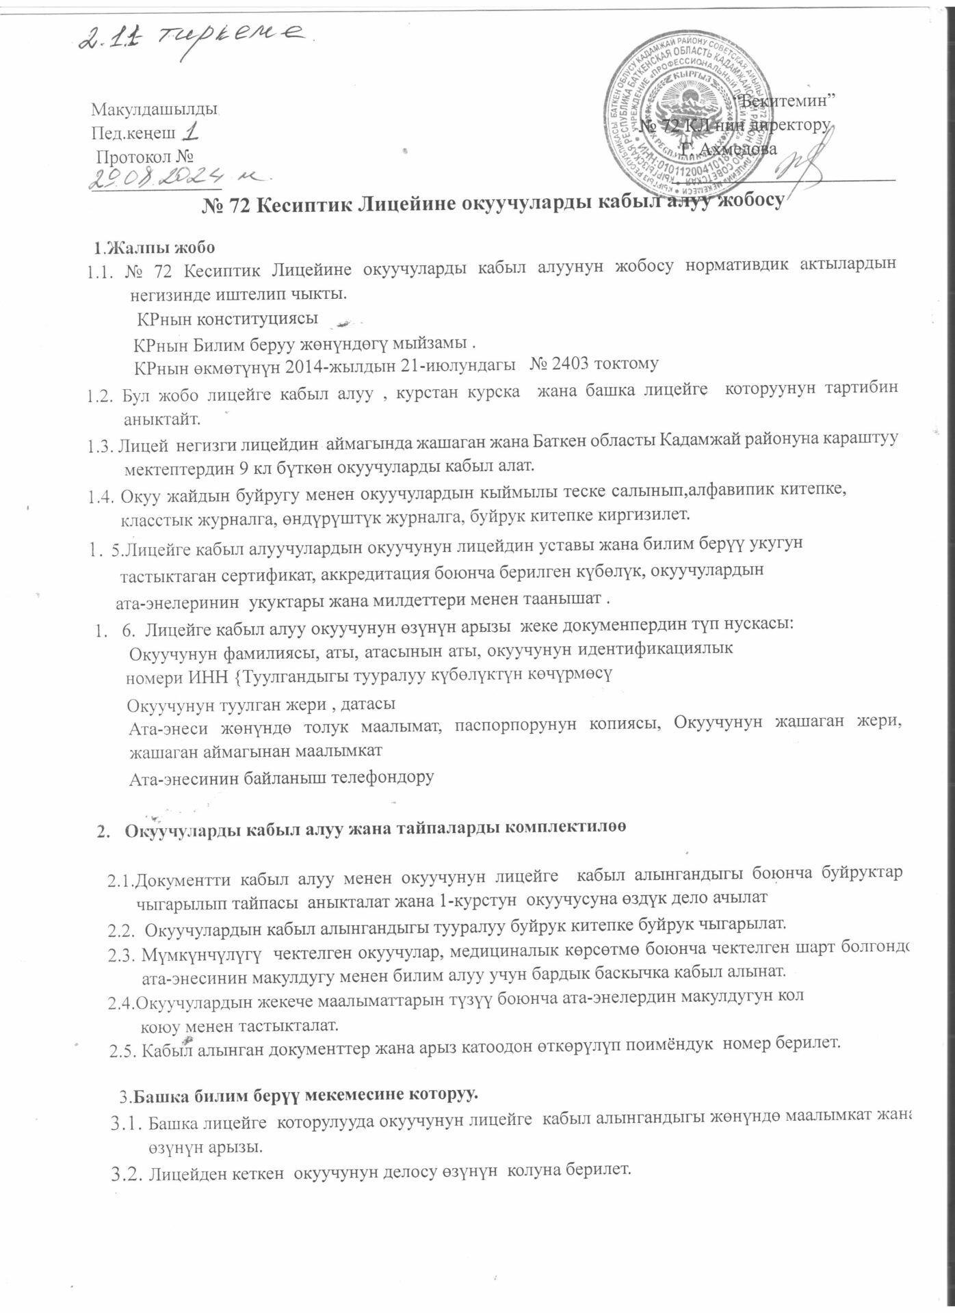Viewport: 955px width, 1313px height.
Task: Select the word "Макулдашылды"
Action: (154, 109)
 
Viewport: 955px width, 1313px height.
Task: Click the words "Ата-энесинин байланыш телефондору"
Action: (282, 778)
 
